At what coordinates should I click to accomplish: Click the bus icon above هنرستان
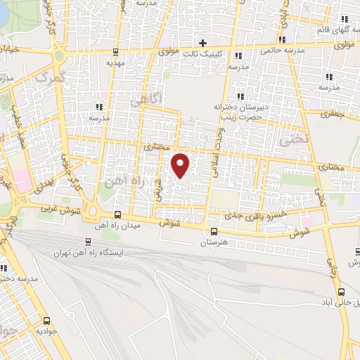point(214,231)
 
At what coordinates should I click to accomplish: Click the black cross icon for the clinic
point(202,44)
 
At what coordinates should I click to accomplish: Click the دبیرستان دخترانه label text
point(242,107)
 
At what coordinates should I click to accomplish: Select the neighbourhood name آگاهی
point(150,100)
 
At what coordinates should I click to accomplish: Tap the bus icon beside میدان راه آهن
point(117,215)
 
